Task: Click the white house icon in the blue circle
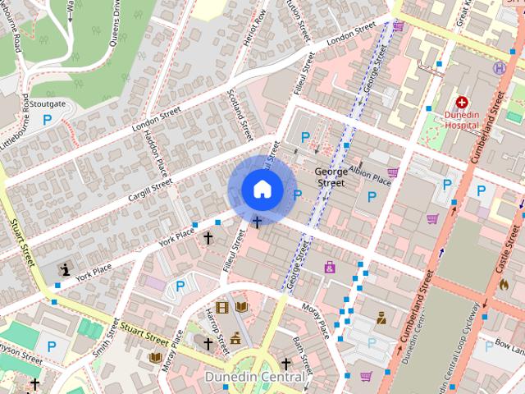(x=262, y=189)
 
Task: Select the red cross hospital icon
(x=462, y=102)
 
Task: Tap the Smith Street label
(x=102, y=336)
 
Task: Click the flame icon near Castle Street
(x=504, y=283)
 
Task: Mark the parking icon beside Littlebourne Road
(x=47, y=120)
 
